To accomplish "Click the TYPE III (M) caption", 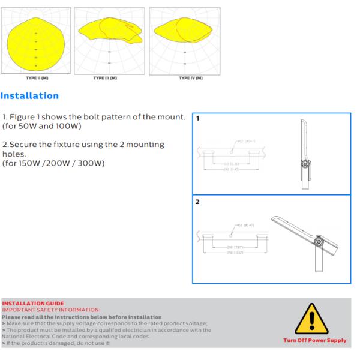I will pyautogui.click(x=109, y=78).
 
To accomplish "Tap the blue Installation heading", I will pyautogui.click(x=30, y=96).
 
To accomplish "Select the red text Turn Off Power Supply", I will pyautogui.click(x=315, y=340).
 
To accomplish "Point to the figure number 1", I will pyautogui.click(x=197, y=118).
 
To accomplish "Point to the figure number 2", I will pyautogui.click(x=197, y=202).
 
